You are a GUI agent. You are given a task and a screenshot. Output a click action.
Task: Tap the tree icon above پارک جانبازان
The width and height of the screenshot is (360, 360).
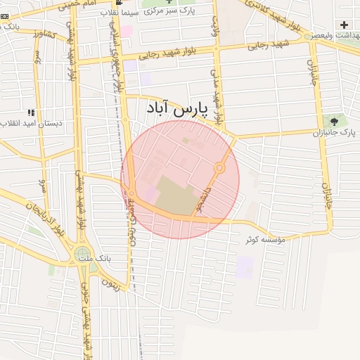point(333,121)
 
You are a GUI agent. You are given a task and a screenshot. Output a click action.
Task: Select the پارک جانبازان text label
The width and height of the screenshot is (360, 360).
point(330,131)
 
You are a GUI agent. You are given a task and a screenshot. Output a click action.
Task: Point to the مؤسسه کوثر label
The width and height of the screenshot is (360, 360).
point(265,240)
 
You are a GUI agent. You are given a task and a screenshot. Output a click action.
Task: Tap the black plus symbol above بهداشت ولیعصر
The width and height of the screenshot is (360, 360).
point(343,25)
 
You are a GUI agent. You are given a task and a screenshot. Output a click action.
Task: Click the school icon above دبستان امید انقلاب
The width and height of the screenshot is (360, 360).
point(30,112)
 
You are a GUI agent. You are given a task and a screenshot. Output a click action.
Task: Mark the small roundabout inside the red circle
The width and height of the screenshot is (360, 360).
point(219,168)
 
